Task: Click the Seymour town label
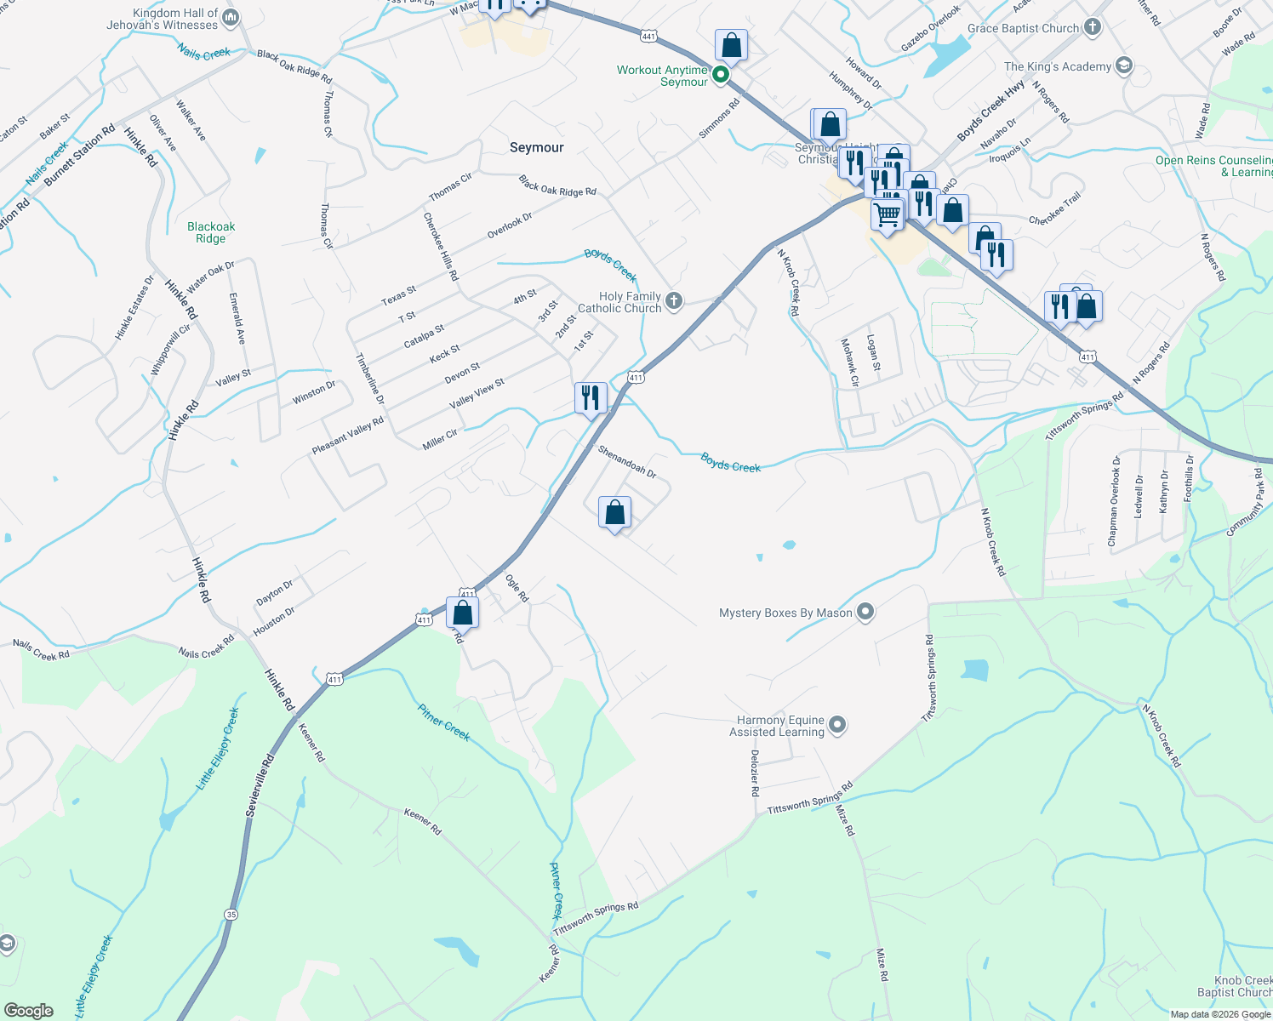point(536,147)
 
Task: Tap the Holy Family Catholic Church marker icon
point(674,301)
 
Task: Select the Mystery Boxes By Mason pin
point(865,612)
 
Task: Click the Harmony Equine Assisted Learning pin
point(837,726)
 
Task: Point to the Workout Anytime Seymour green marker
point(721,75)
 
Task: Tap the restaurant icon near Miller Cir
point(590,397)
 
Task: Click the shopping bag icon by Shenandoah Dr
point(614,512)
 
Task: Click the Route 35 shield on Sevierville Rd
point(231,915)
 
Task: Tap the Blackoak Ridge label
point(211,232)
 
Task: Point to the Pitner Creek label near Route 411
point(443,722)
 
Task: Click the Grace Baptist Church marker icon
point(1093,28)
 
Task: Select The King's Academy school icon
point(1123,66)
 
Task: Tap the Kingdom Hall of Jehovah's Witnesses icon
point(230,18)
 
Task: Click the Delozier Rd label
point(755,773)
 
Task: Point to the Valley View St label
point(477,391)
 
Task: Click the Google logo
point(28,1011)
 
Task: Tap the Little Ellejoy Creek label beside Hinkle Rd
point(218,749)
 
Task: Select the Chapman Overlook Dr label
point(1114,500)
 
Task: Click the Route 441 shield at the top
point(649,36)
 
